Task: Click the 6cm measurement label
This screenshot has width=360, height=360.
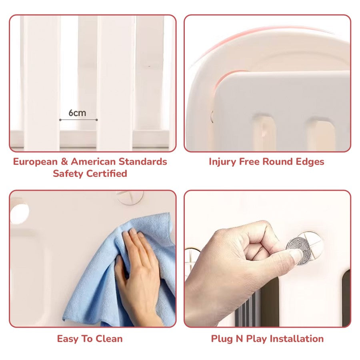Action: point(77,113)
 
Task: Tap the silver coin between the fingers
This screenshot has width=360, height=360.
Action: point(298,251)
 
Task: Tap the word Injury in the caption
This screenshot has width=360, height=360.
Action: point(222,162)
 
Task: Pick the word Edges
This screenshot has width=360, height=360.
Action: point(310,162)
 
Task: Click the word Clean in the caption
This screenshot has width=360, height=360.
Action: point(109,339)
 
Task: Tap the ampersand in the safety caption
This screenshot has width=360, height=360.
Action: point(64,162)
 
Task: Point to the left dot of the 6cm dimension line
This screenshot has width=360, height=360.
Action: point(60,120)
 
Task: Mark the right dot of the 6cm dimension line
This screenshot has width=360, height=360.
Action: point(97,120)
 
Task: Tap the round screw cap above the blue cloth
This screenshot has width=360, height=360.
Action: point(130,197)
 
